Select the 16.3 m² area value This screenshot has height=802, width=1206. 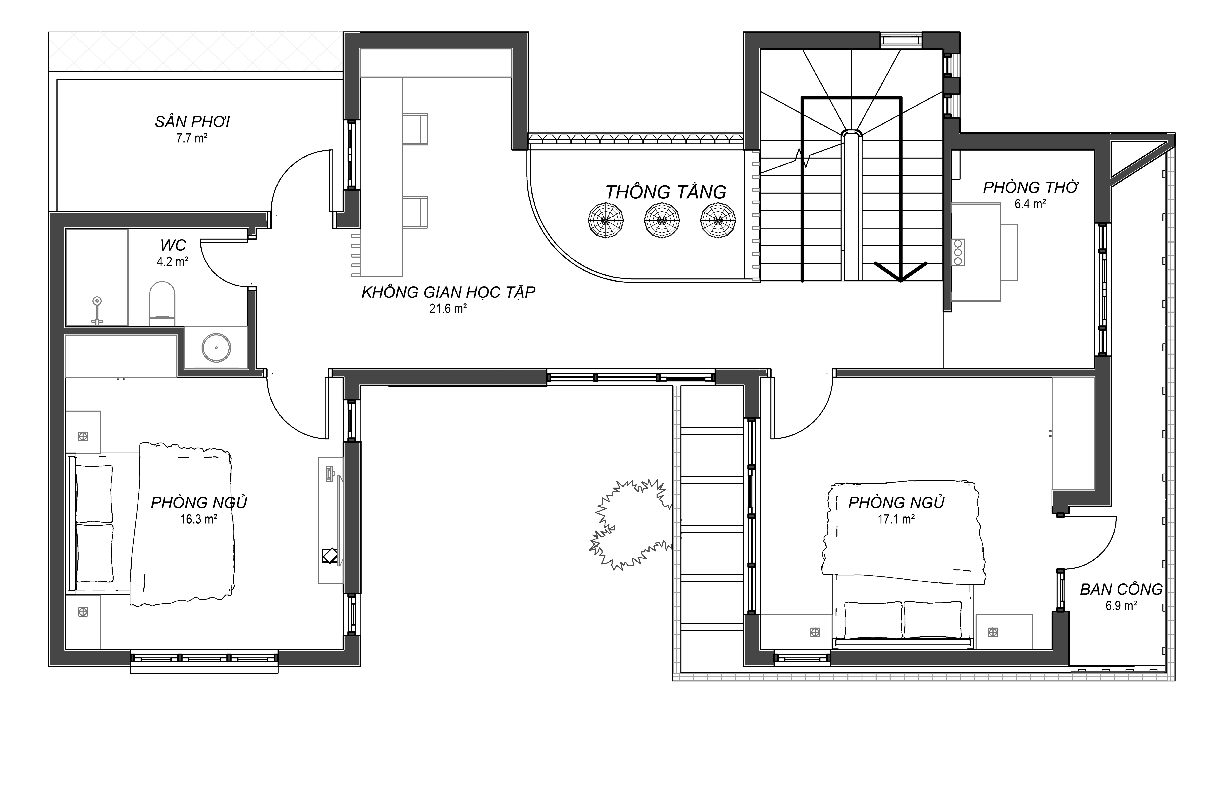(x=199, y=519)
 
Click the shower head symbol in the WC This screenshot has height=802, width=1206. (x=97, y=310)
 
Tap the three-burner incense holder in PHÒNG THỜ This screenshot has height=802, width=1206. (x=958, y=252)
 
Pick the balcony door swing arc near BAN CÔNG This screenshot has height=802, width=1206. (x=1100, y=552)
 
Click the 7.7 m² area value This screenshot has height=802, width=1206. (x=192, y=138)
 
